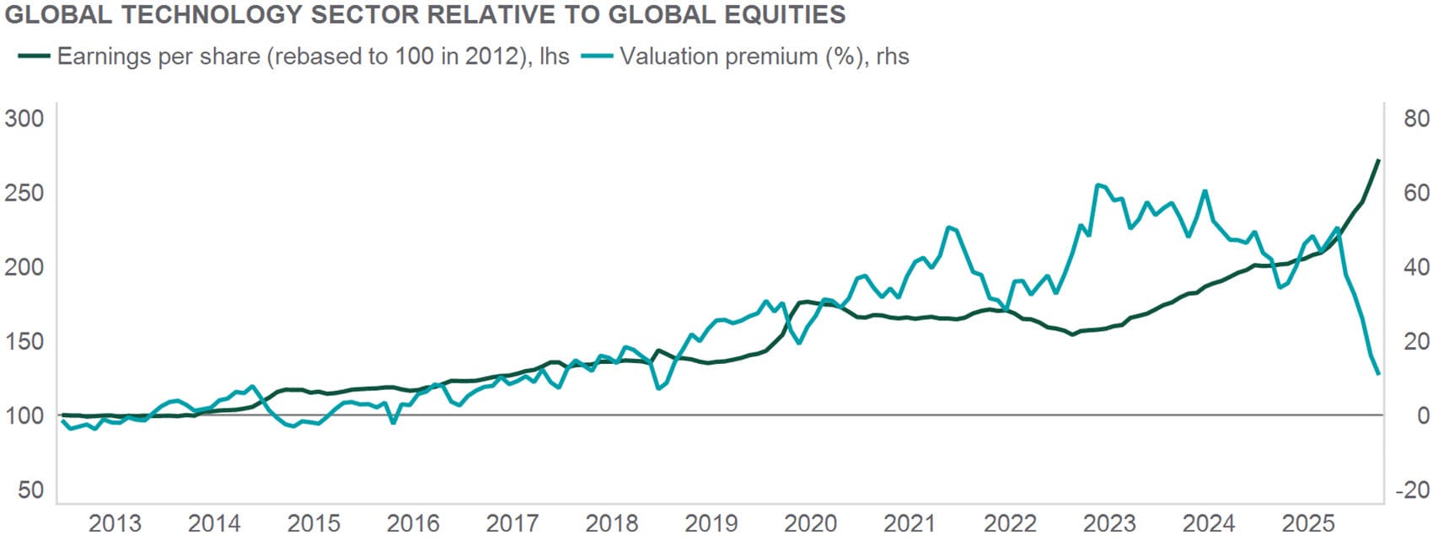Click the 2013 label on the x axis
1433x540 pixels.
pos(115,523)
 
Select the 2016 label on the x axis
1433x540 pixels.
pos(413,523)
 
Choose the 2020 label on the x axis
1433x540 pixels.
pos(811,523)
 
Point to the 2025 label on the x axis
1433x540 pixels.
pos(1308,523)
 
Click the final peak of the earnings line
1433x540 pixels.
pos(1378,160)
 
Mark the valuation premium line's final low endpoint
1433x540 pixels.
pos(1378,373)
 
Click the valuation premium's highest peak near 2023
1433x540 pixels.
pos(1097,185)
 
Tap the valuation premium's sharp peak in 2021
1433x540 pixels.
pos(949,227)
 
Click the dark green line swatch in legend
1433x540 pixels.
pos(34,56)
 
